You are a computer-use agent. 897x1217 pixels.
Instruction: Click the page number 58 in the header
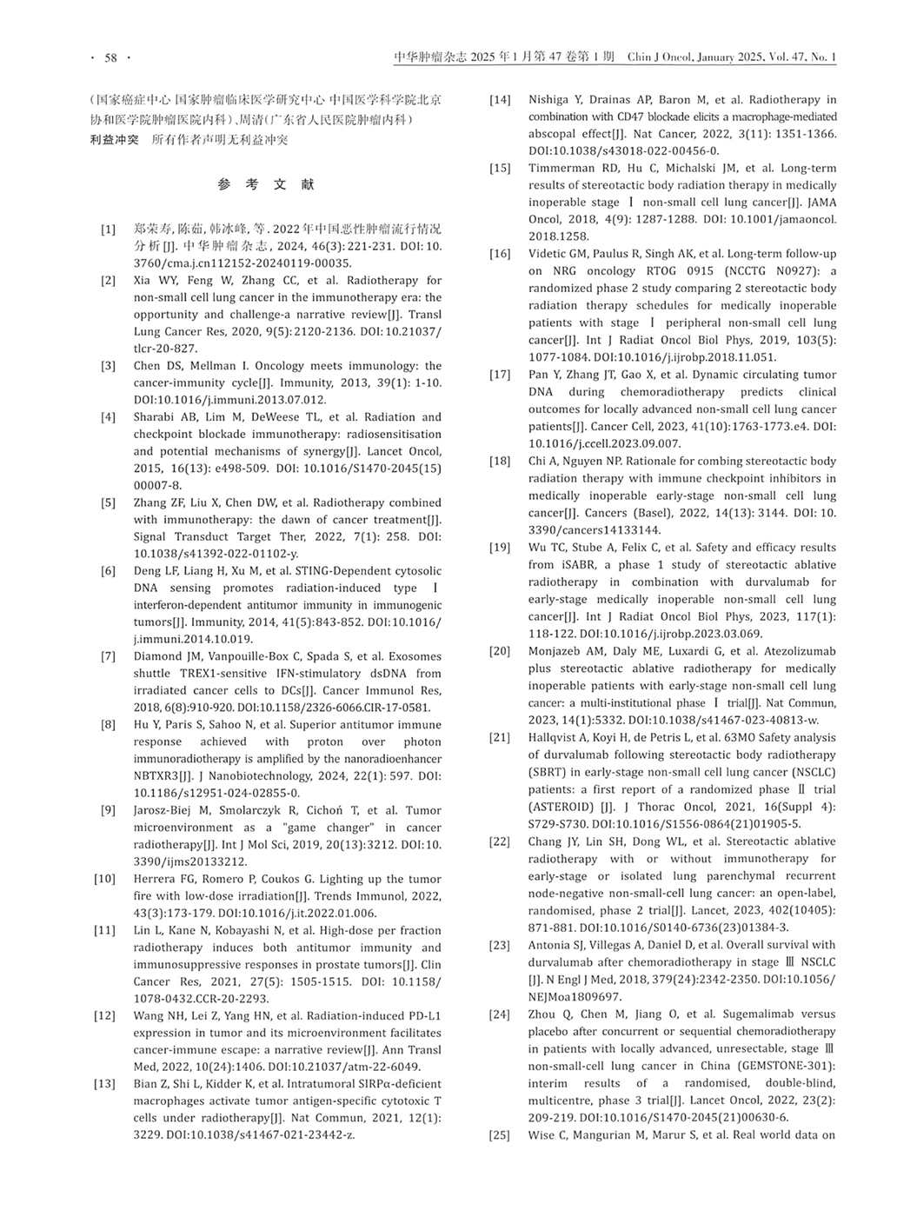[110, 57]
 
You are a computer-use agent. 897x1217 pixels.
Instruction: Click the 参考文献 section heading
[266, 184]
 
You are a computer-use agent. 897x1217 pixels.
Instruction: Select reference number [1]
[108, 229]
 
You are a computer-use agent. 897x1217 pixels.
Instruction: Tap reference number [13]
[104, 1084]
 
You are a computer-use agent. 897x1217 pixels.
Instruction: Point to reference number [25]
[499, 1134]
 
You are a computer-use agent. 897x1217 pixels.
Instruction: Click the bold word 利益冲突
[114, 138]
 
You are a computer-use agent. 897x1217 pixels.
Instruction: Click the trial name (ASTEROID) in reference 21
[561, 807]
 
